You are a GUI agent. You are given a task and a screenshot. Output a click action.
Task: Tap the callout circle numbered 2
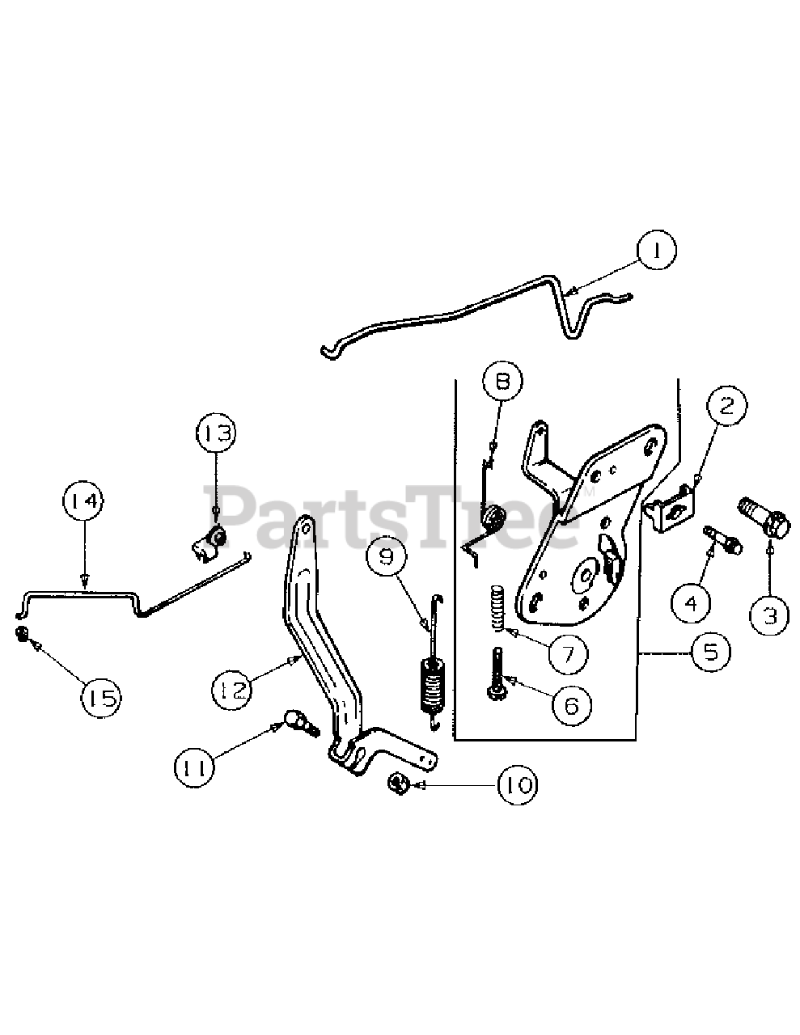pyautogui.click(x=726, y=404)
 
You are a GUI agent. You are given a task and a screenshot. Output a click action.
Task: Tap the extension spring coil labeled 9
pyautogui.click(x=433, y=684)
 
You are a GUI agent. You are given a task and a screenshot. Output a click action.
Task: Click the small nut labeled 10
pyautogui.click(x=397, y=782)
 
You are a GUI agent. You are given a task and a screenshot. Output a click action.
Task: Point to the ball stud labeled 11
pyautogui.click(x=296, y=719)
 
